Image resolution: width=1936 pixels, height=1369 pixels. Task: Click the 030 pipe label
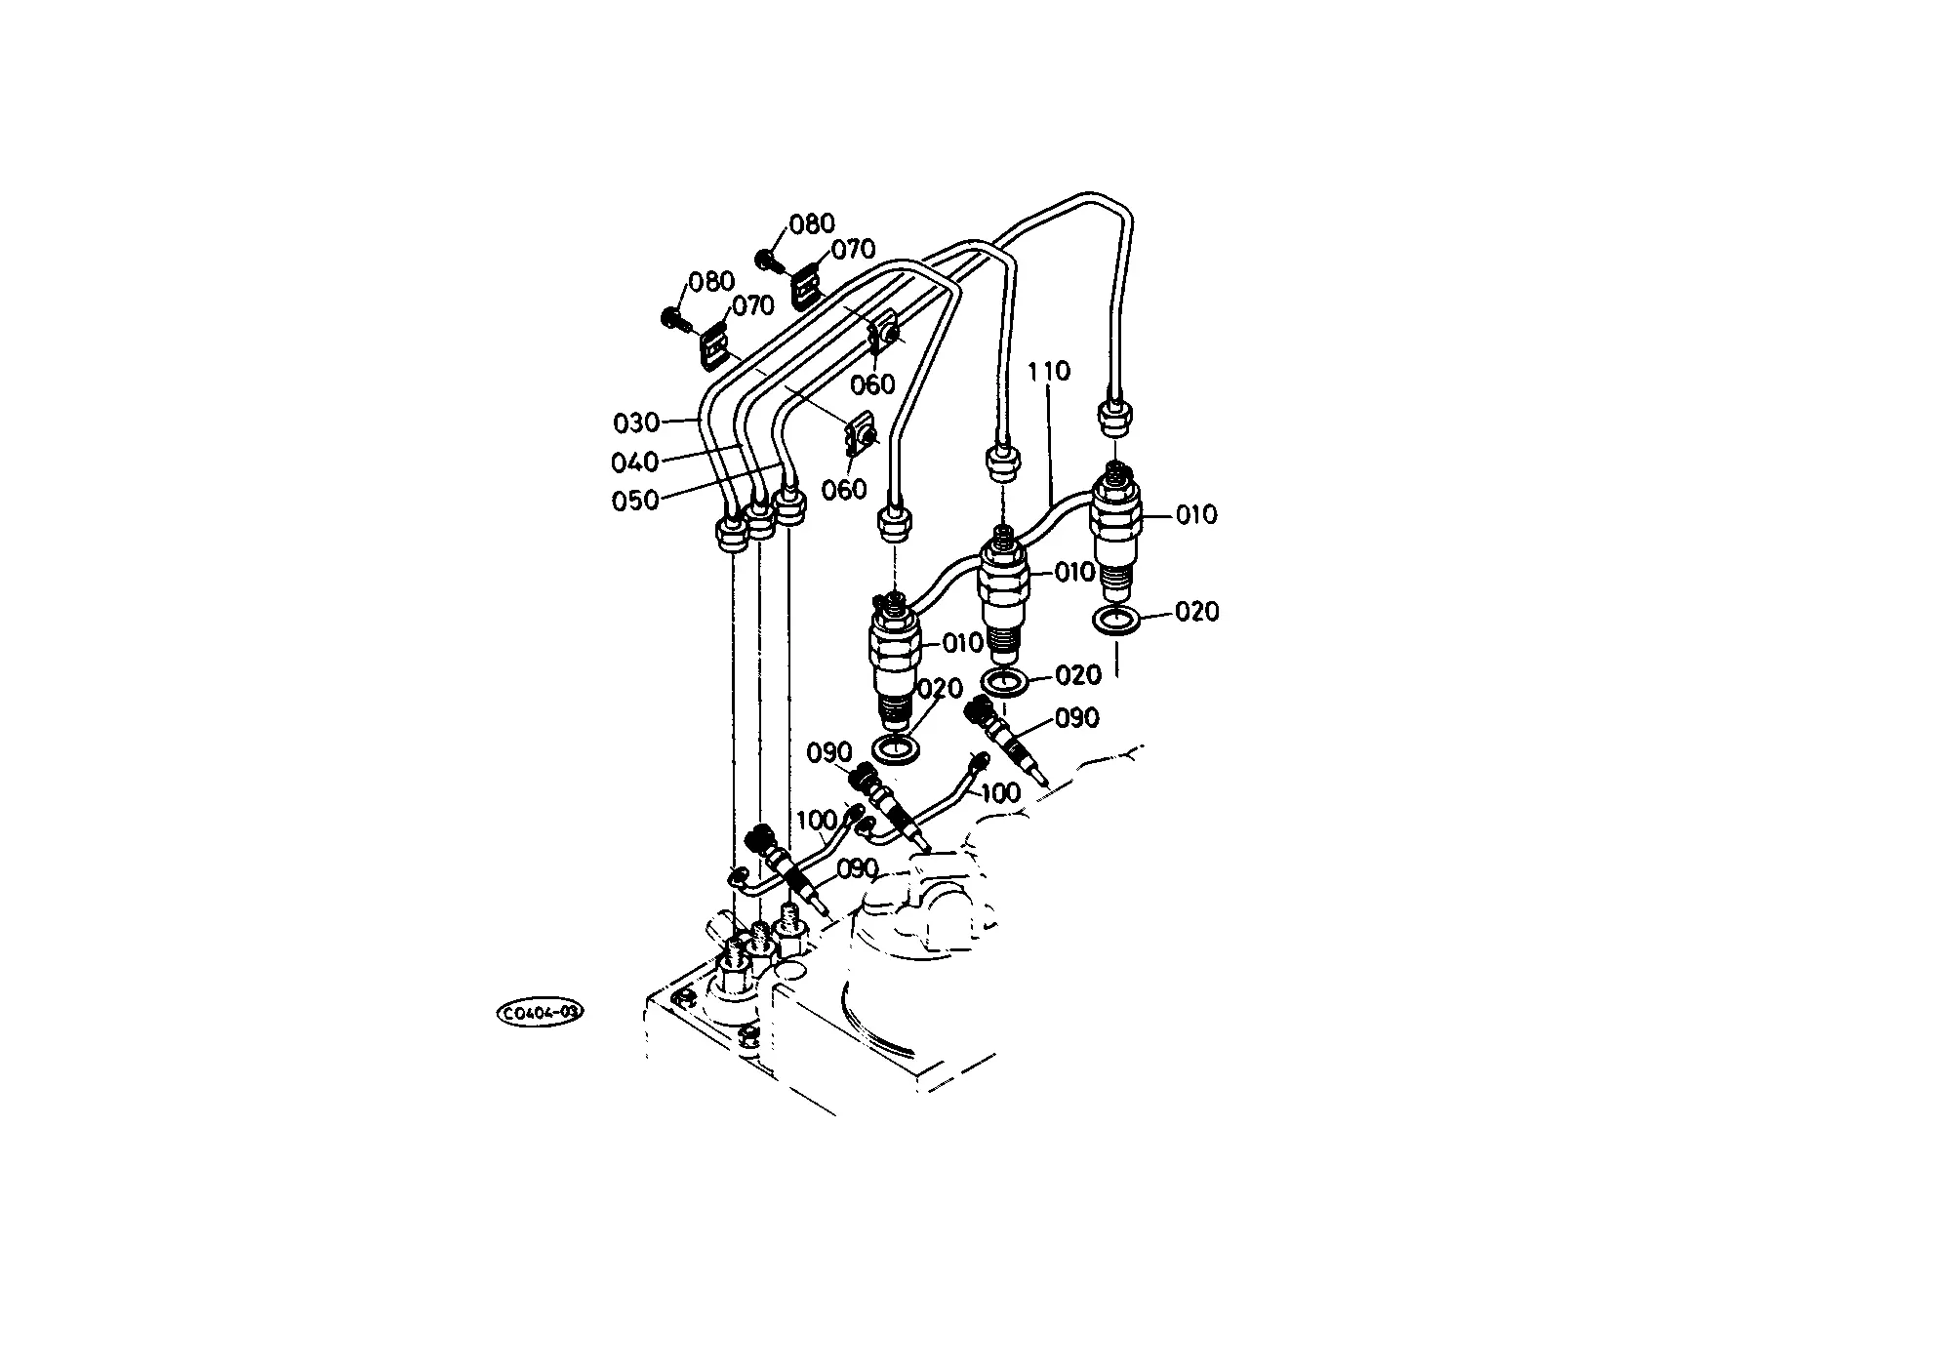pyautogui.click(x=635, y=423)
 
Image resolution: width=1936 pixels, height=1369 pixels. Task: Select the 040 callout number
pyautogui.click(x=634, y=462)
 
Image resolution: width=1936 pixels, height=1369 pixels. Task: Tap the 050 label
pyautogui.click(x=634, y=501)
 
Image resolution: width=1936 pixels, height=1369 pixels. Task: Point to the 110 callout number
pyautogui.click(x=1049, y=372)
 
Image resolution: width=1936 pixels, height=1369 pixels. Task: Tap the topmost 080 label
pyautogui.click(x=812, y=224)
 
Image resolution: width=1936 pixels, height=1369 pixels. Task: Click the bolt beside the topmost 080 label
pyautogui.click(x=768, y=261)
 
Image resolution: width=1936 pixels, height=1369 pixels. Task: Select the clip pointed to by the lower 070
pyautogui.click(x=715, y=345)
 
